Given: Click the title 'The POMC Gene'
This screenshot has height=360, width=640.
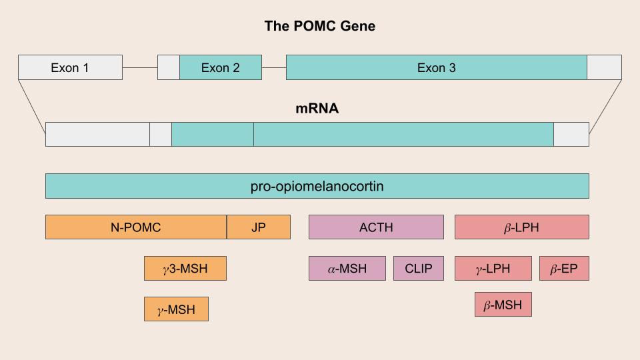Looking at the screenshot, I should [x=320, y=26].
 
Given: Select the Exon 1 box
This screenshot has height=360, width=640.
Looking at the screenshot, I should [x=70, y=67].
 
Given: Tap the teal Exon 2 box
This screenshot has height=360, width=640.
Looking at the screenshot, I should [x=221, y=67].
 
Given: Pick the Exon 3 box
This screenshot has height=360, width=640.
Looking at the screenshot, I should [x=437, y=67].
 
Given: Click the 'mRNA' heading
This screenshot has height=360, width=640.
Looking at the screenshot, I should [x=317, y=108].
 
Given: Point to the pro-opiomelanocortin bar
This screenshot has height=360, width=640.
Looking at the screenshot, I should [x=317, y=186].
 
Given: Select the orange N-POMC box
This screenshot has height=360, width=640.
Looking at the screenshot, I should [x=136, y=227].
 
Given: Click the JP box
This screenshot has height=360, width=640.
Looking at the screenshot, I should [x=259, y=227].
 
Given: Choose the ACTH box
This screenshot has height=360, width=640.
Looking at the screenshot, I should [x=376, y=227].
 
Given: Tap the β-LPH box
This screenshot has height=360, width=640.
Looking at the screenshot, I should [x=522, y=227].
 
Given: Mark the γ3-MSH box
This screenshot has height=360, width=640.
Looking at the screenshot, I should [x=185, y=269].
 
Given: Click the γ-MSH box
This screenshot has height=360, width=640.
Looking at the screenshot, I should [x=176, y=309].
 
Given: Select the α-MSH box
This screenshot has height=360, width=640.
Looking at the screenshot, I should [x=347, y=269].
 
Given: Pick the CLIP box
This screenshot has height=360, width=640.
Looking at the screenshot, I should [x=419, y=269].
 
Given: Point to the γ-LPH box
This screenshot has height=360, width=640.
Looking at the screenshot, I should [x=493, y=269].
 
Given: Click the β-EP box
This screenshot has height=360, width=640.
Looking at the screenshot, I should [x=564, y=269].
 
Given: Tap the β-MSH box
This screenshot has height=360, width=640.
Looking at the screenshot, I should [x=503, y=305].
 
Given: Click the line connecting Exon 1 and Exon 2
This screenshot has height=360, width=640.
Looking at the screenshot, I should [x=140, y=67].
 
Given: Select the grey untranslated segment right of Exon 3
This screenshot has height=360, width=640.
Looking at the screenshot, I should [x=604, y=67].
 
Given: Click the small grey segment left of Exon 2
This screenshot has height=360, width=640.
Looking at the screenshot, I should [x=169, y=67].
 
